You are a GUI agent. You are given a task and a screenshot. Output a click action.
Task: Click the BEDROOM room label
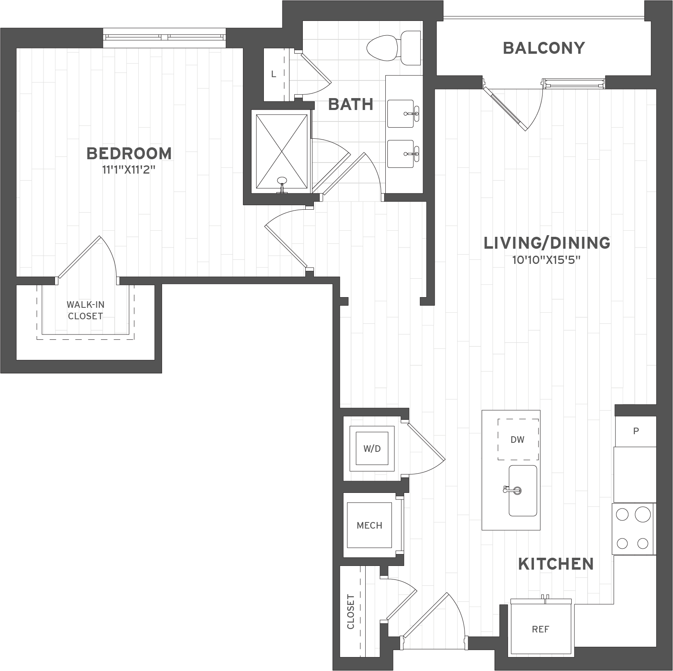tap(129, 153)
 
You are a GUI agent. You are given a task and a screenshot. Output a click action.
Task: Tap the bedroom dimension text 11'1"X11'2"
tap(129, 169)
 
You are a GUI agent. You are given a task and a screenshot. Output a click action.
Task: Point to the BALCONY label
tap(544, 48)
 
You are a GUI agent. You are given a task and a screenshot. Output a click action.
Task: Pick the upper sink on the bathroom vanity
tap(401, 114)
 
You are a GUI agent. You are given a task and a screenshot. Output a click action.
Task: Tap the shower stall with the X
tap(282, 152)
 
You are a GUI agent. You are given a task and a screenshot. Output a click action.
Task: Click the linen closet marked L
tap(274, 74)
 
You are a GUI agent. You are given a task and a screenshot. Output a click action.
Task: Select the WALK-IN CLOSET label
tap(85, 310)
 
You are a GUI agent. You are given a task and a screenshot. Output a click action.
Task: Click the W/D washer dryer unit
tap(372, 449)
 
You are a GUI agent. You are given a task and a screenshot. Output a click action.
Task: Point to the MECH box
tap(369, 525)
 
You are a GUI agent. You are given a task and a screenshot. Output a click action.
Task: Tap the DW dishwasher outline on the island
tap(518, 440)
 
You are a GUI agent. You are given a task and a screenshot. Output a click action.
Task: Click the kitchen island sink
tap(523, 490)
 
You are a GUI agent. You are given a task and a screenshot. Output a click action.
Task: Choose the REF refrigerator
tap(540, 629)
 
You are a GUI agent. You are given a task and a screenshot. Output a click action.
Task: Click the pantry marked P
tap(636, 431)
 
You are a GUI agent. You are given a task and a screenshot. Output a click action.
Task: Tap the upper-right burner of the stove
tap(643, 514)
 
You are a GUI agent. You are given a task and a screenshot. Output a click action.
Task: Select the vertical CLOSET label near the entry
tap(350, 611)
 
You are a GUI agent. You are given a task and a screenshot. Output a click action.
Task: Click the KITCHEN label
tap(556, 564)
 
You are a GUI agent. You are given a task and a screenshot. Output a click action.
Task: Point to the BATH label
tap(351, 104)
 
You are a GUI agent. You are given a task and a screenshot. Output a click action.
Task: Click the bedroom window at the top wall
tap(164, 37)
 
